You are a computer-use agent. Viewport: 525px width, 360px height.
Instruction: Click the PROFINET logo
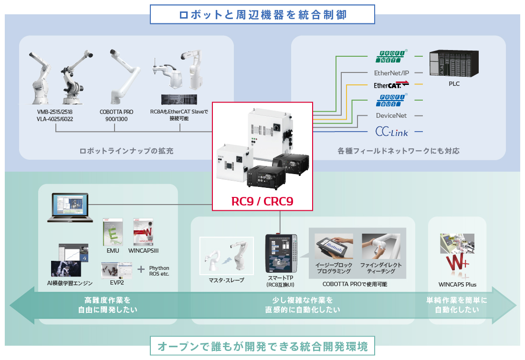[x=391, y=56]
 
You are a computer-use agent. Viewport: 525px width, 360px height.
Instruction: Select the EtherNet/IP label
[x=391, y=73]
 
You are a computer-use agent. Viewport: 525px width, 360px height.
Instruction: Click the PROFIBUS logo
[x=391, y=100]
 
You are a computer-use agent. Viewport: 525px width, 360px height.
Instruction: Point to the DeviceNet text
[x=391, y=115]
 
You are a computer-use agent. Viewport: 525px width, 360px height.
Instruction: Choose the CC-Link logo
[x=391, y=131]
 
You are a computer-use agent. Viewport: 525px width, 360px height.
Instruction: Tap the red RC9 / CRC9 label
[x=262, y=201]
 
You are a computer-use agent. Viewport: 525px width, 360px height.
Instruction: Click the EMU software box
[x=113, y=233]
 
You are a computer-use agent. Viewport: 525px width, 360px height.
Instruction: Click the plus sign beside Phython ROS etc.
[x=141, y=269]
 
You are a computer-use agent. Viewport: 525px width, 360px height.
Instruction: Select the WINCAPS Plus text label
[x=457, y=285]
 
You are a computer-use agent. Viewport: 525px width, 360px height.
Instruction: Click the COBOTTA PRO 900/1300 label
[x=116, y=115]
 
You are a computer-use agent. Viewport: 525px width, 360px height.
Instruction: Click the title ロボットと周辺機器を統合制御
[x=262, y=14]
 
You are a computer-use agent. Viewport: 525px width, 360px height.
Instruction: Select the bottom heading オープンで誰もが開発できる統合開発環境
[x=262, y=345]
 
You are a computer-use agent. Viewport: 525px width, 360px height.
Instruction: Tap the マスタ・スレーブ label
[x=227, y=280]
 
